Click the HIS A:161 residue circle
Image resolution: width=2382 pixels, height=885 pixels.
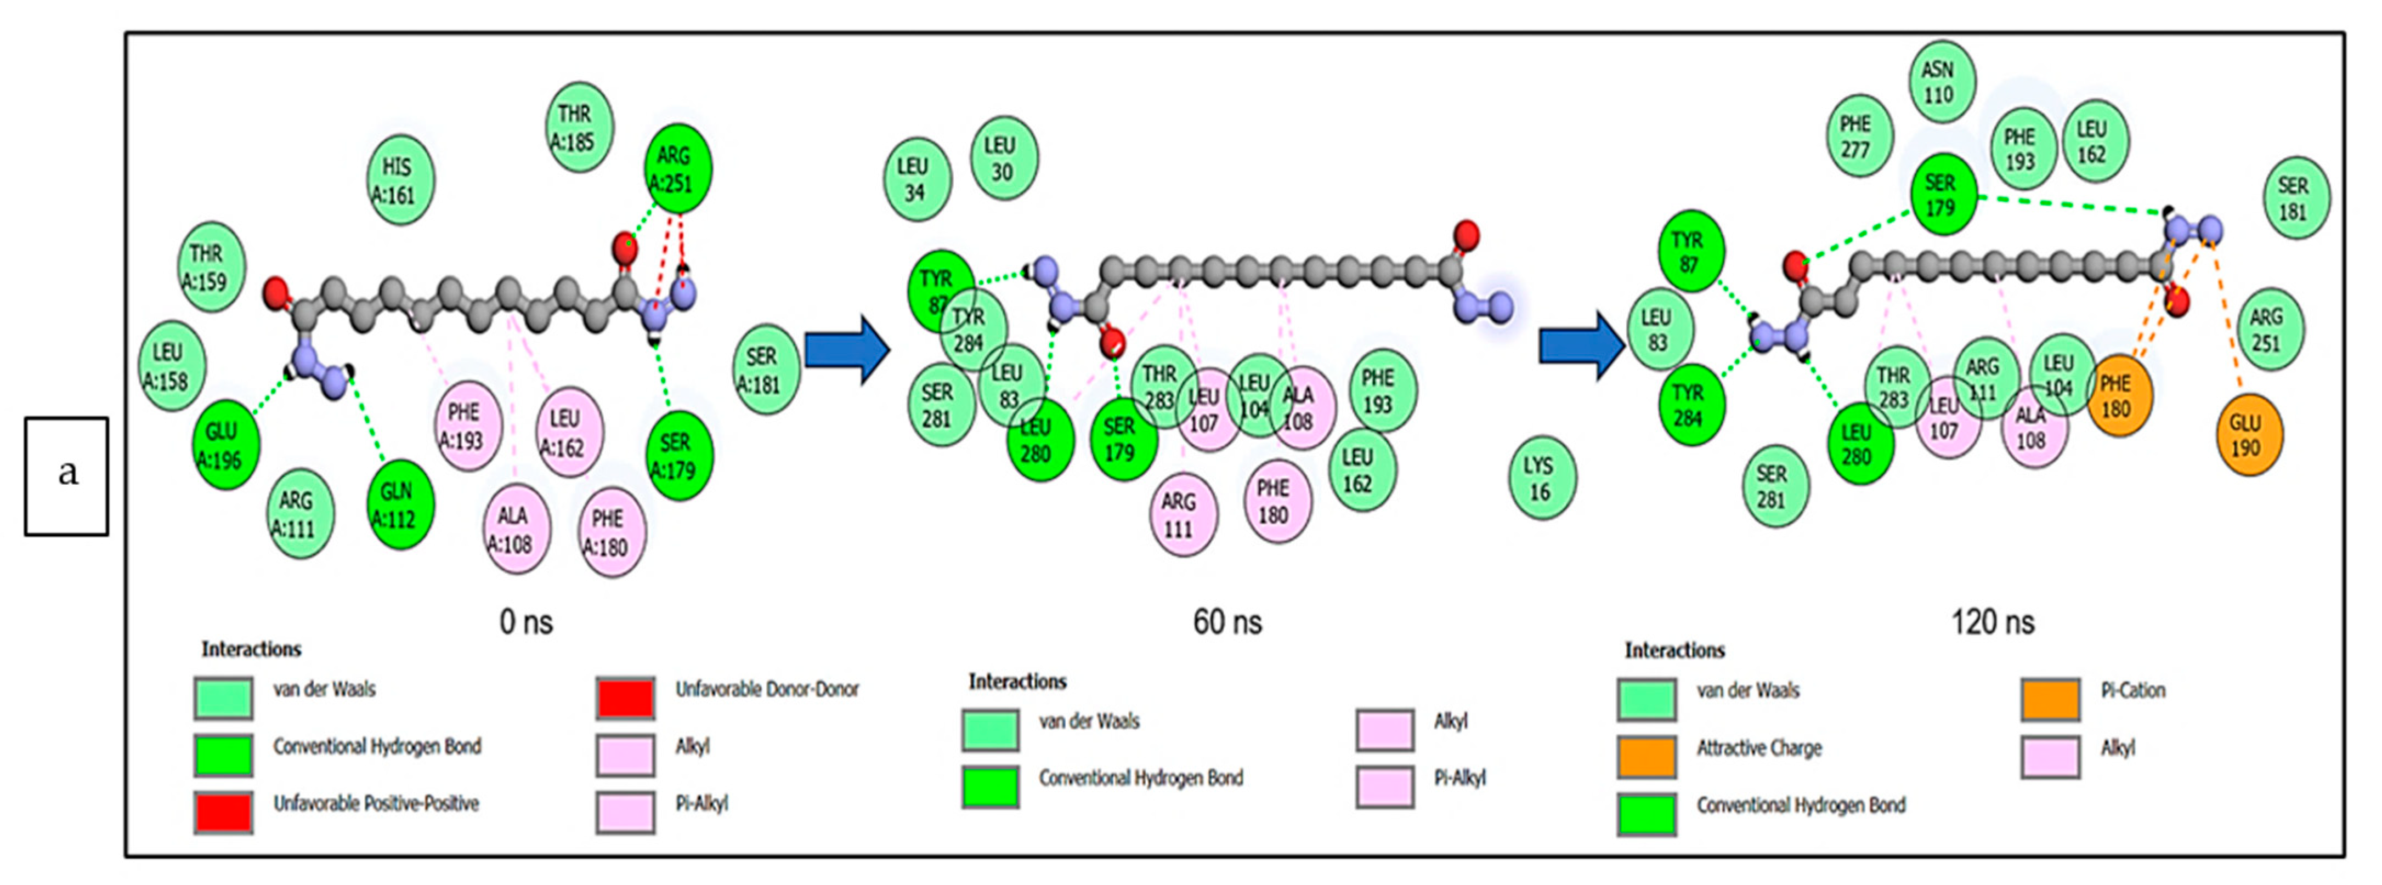399,180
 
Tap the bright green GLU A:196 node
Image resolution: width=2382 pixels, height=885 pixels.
225,445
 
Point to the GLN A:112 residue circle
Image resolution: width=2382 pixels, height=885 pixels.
399,505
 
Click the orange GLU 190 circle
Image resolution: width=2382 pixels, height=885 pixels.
2249,435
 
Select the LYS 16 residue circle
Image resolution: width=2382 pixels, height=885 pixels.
1541,478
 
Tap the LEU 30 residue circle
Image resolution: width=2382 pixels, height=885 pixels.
1003,158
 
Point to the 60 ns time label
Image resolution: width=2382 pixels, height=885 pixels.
1226,622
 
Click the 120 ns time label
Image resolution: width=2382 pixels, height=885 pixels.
1992,622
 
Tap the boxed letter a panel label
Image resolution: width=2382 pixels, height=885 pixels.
66,475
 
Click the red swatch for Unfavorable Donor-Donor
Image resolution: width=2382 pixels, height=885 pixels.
625,698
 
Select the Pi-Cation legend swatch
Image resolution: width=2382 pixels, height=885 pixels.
2050,700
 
